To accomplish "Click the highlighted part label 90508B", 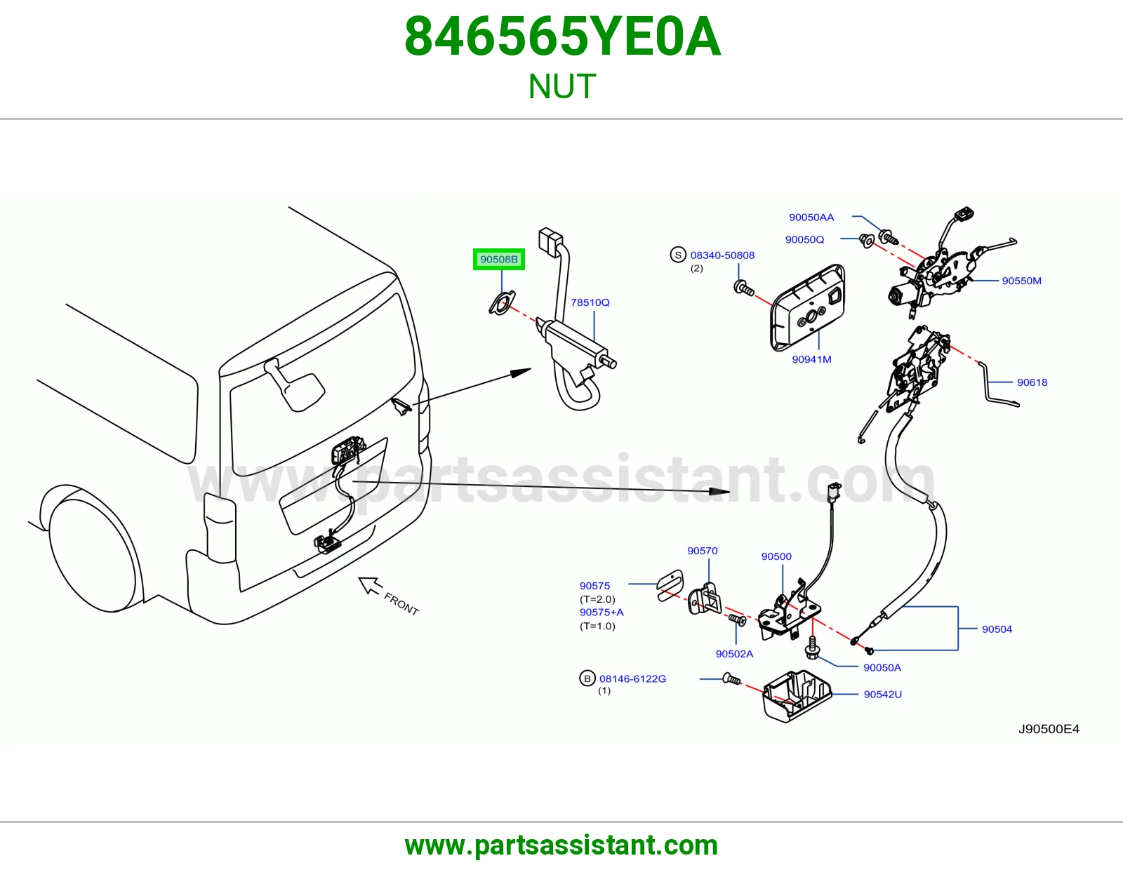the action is click(499, 260).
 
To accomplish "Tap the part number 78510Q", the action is click(590, 302).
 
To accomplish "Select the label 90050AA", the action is click(811, 217).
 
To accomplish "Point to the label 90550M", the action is click(1021, 281).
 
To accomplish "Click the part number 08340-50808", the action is click(722, 255).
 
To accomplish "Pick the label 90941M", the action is click(811, 359).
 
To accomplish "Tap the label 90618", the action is click(1032, 383).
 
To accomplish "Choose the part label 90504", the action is click(997, 629).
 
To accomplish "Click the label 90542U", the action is click(883, 695).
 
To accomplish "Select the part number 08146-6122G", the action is click(632, 679).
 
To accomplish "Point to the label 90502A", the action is click(734, 654).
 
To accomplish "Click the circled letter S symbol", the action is click(678, 255).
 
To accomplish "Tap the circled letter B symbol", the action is click(587, 678).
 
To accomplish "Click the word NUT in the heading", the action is click(561, 86).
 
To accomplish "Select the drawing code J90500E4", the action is click(1049, 729).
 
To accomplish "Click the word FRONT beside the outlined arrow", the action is click(401, 604).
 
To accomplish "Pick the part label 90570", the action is click(702, 551).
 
